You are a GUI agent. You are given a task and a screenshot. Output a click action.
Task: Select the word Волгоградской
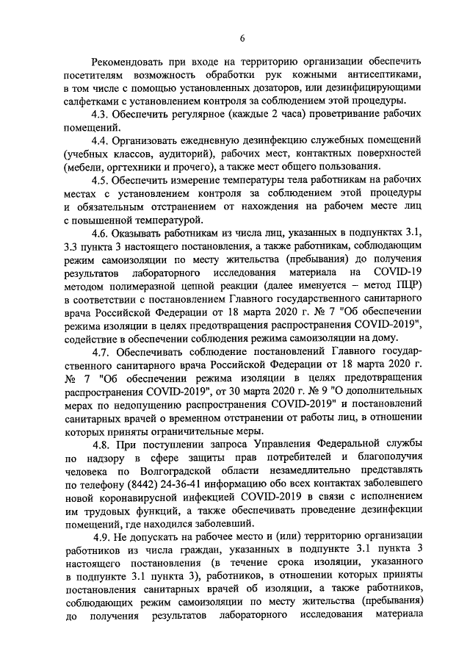177,470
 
